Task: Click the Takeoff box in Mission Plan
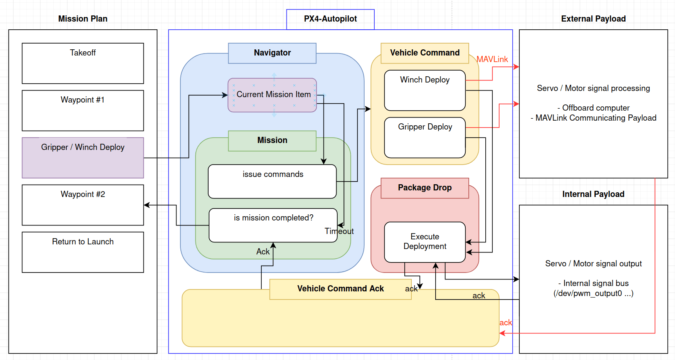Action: (x=82, y=63)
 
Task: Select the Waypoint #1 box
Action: (x=82, y=110)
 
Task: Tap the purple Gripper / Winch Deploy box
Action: (x=82, y=158)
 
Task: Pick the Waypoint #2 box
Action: (x=82, y=205)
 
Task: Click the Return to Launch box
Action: (x=82, y=252)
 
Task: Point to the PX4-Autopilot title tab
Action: (x=330, y=19)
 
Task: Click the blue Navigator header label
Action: (x=272, y=53)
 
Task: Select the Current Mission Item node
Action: (x=272, y=95)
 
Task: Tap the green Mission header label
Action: (x=272, y=140)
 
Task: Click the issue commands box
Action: (x=272, y=181)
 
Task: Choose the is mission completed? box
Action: (x=273, y=225)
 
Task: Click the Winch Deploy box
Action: (x=424, y=90)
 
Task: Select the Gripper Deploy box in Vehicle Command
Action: (x=424, y=137)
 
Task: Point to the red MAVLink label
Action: (x=492, y=59)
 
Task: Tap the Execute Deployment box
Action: (x=424, y=242)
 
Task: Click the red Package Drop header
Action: (x=424, y=188)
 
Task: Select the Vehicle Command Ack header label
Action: (x=340, y=289)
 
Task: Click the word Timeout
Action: (x=339, y=231)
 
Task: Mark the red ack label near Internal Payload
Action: (x=505, y=323)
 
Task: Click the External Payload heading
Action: (x=593, y=19)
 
